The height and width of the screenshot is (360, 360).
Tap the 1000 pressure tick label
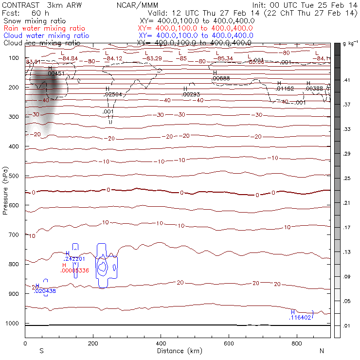(14, 324)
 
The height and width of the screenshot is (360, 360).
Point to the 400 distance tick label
(161, 343)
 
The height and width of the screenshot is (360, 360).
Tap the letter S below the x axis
(42, 351)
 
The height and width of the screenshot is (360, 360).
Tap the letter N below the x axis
(322, 351)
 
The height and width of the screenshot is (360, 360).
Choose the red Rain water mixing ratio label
(44, 29)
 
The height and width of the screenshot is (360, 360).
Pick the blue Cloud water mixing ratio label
(46, 36)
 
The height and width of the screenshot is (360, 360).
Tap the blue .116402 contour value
(300, 318)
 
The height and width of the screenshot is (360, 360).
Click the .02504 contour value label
(113, 94)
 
